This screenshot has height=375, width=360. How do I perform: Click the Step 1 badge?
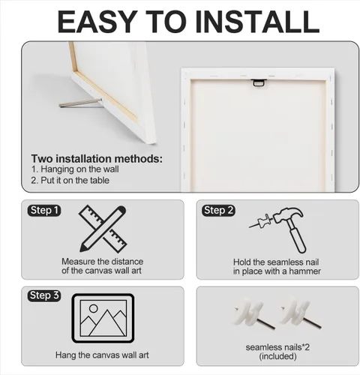pos(44,211)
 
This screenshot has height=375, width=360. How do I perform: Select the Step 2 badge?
pos(218,211)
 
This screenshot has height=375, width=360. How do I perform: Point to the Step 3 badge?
pos(44,295)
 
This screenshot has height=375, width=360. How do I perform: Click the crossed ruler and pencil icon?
pos(103,229)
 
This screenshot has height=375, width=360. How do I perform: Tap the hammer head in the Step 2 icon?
pos(288,215)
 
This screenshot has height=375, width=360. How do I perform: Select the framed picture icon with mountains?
pos(103,318)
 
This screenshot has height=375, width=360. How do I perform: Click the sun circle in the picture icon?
pos(94,308)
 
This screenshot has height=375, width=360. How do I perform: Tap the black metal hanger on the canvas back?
pos(259,82)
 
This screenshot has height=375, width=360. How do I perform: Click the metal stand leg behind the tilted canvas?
pos(81,103)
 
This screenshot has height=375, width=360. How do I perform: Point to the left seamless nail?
pos(253,313)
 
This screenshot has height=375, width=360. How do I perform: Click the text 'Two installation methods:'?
pos(97,159)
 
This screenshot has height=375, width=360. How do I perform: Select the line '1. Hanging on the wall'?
pos(75,169)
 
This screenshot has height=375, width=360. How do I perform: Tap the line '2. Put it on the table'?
pos(70,180)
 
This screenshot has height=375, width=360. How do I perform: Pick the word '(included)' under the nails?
pos(277,356)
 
